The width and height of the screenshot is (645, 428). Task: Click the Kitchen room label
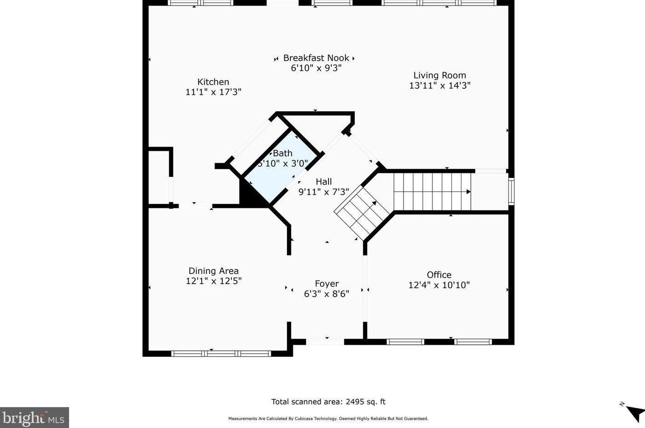point(213,82)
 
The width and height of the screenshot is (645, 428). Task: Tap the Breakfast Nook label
point(316,58)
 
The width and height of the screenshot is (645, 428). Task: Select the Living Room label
point(440,75)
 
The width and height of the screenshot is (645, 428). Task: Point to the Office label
point(439,275)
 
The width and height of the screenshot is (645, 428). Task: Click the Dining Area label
point(213,271)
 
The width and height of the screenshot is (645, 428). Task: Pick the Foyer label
point(327,284)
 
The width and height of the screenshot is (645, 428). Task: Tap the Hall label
point(324,182)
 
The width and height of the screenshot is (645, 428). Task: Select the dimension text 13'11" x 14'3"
point(440,86)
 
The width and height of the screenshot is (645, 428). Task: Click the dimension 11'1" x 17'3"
point(213,92)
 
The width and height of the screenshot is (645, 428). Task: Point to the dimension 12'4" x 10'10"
point(439,285)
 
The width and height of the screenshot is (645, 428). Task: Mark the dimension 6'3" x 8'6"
point(327,294)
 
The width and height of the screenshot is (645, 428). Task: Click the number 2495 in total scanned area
point(354,402)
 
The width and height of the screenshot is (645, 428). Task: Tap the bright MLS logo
point(34,417)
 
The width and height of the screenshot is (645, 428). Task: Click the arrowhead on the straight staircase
point(468,192)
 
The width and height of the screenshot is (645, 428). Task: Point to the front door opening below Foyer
point(325,342)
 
